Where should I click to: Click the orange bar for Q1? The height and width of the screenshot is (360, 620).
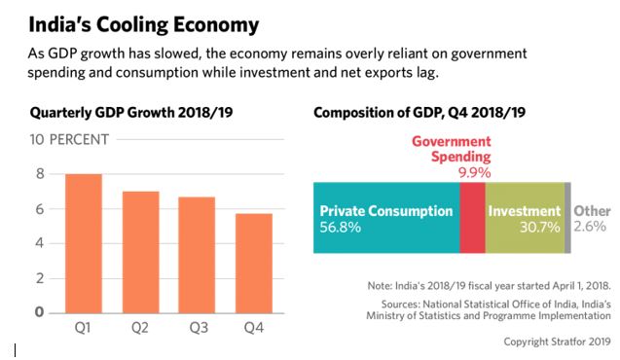click(84, 243)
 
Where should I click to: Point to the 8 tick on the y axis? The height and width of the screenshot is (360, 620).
click(40, 174)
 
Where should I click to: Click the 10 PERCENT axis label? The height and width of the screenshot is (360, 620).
click(71, 140)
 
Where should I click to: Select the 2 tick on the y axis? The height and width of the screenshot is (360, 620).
click(40, 278)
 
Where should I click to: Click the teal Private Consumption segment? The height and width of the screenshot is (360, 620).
click(385, 218)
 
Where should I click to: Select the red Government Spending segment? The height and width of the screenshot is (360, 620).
click(471, 218)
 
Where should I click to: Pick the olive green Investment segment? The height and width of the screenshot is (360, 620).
click(525, 218)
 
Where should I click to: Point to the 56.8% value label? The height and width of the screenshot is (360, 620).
click(339, 227)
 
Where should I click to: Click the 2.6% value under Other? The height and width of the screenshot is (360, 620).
click(590, 227)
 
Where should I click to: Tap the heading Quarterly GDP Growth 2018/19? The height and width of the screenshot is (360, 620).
click(128, 113)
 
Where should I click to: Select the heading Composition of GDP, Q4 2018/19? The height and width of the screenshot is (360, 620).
click(419, 113)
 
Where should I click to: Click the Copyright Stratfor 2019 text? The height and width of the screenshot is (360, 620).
click(556, 342)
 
